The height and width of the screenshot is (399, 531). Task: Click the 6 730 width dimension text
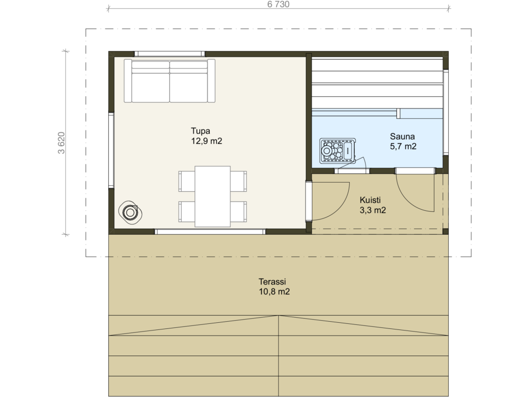pyautogui.click(x=278, y=4)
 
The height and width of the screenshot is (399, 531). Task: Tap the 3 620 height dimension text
pyautogui.click(x=61, y=143)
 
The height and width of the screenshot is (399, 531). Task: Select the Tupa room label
pyautogui.click(x=201, y=131)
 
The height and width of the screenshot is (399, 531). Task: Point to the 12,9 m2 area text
pyautogui.click(x=207, y=141)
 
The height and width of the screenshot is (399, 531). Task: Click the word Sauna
pyautogui.click(x=402, y=137)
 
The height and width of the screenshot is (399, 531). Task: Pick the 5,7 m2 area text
pyautogui.click(x=403, y=147)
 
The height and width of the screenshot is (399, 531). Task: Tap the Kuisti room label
pyautogui.click(x=370, y=200)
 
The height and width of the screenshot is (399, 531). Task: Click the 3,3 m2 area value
pyautogui.click(x=373, y=210)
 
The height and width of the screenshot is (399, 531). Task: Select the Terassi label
pyautogui.click(x=272, y=282)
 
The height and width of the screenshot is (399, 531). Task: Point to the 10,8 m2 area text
pyautogui.click(x=274, y=292)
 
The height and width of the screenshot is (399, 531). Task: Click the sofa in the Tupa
pyautogui.click(x=170, y=81)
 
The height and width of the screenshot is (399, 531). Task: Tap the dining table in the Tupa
pyautogui.click(x=212, y=196)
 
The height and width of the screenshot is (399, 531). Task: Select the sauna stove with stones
pyautogui.click(x=337, y=150)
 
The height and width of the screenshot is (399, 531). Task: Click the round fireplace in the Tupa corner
pyautogui.click(x=130, y=212)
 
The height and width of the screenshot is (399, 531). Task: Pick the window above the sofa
pyautogui.click(x=170, y=54)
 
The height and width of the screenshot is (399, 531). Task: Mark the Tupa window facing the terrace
pyautogui.click(x=210, y=232)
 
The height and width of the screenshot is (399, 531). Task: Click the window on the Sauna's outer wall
pyautogui.click(x=446, y=113)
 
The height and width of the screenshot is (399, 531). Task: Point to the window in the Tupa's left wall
pyautogui.click(x=111, y=150)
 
